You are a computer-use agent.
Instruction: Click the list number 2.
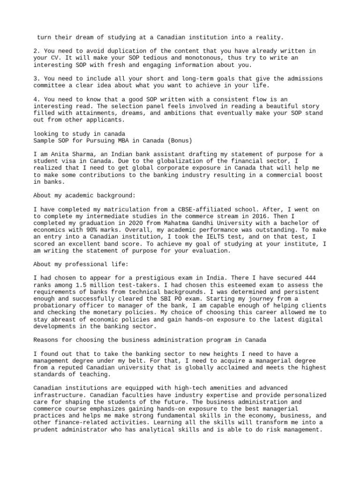(x=37, y=51)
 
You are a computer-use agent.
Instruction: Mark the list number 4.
(x=37, y=99)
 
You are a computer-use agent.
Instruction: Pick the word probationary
(x=56, y=306)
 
